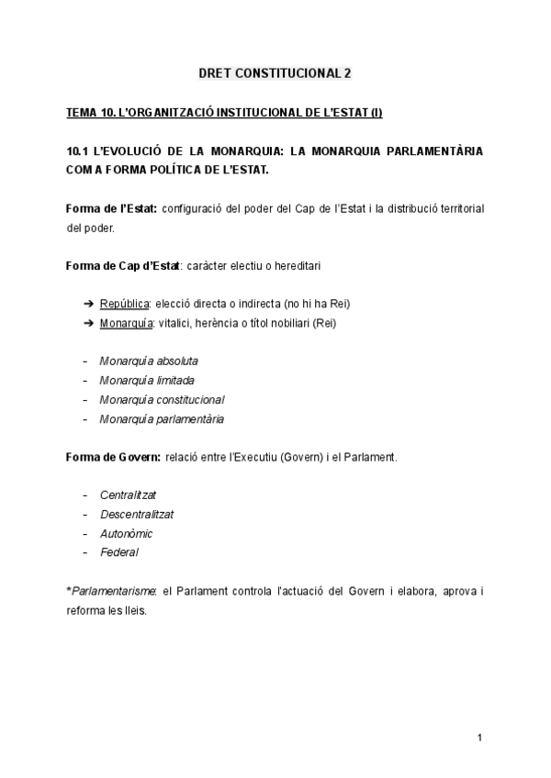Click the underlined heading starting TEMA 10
tap(224, 113)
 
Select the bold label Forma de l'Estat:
tap(111, 209)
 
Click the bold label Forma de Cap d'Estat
tap(123, 266)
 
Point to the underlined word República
tap(125, 304)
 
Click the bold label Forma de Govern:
tap(114, 456)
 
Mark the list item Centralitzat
tap(129, 495)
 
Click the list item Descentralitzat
tap(137, 514)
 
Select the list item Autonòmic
tap(126, 533)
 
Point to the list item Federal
tap(119, 552)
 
